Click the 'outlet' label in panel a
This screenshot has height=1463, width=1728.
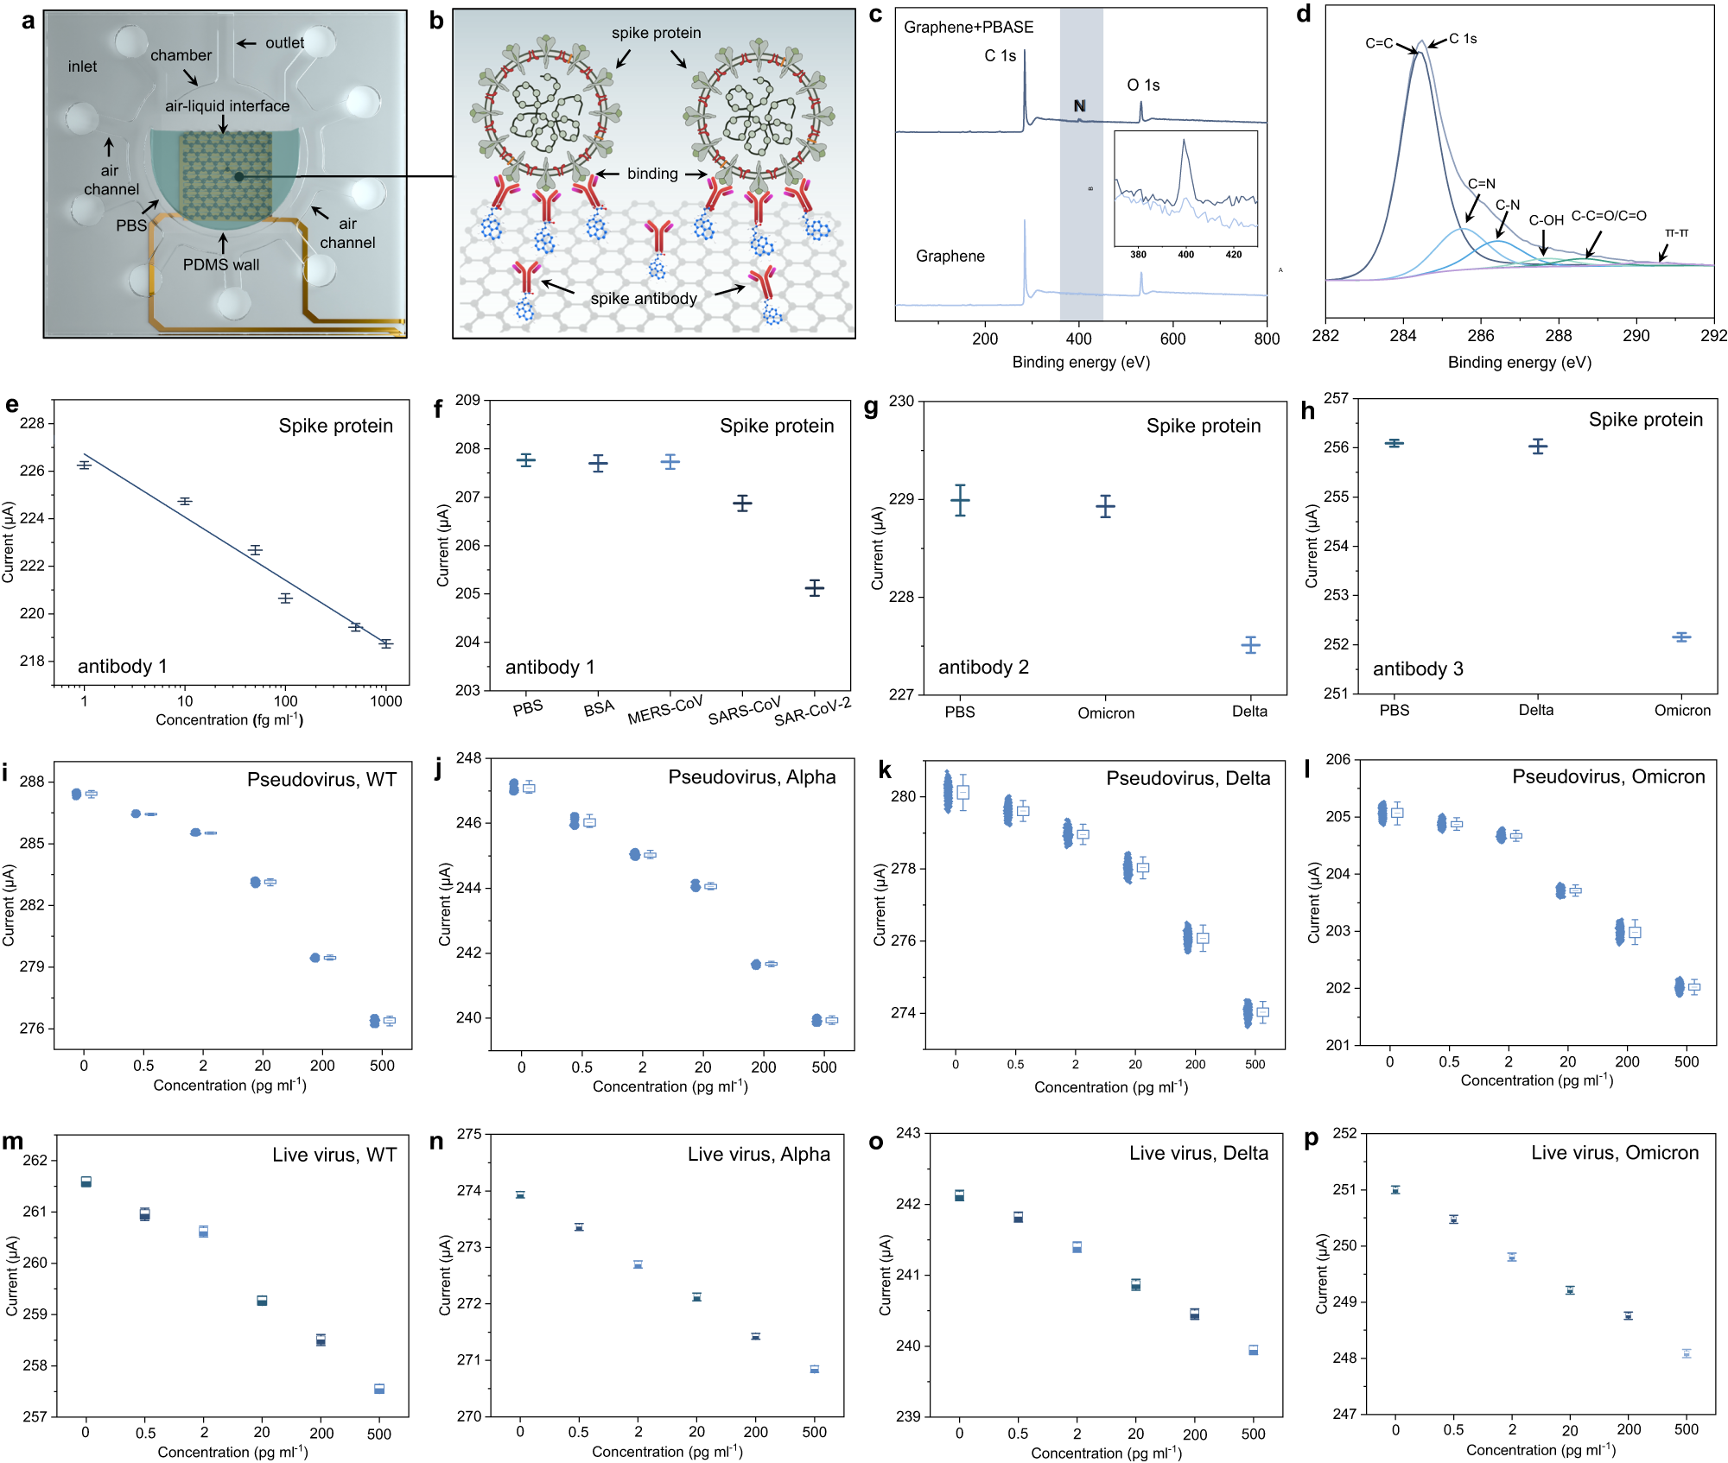284,43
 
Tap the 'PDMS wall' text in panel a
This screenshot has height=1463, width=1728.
220,265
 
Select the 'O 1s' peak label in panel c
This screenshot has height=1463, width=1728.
1143,85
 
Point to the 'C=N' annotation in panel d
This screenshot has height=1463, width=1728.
1481,184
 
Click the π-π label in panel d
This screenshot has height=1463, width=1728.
1676,233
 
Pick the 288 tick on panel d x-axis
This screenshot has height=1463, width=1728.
1558,336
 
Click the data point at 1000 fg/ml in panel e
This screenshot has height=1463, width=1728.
385,643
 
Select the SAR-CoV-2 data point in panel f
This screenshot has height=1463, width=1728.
814,588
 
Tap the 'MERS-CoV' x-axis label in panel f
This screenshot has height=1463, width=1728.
665,710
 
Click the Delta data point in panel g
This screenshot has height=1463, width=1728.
1250,645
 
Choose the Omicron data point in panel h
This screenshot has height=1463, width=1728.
1680,637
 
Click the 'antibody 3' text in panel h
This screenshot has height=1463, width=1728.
1418,668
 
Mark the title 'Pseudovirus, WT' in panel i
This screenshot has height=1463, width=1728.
321,780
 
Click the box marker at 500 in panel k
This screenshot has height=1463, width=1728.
1262,1012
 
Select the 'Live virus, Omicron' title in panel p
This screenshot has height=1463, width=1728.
1614,1153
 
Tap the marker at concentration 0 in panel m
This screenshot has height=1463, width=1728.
86,1181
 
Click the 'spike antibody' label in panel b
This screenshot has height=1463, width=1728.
644,299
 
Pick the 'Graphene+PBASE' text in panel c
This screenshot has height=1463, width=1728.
969,28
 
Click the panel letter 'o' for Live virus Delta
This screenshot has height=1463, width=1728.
876,1142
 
